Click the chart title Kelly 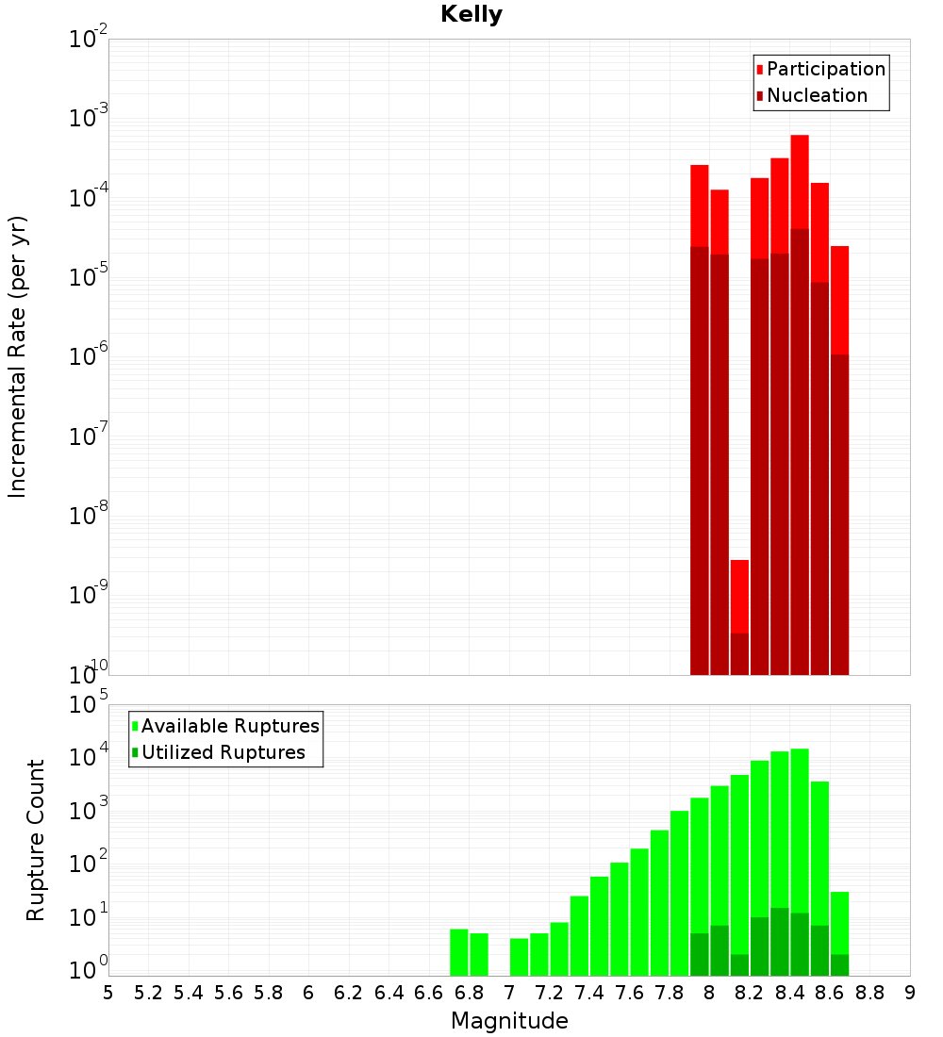pos(471,15)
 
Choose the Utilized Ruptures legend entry pos(223,752)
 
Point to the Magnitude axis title pos(509,1021)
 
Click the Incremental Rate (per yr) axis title pos(18,356)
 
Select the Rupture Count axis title pos(36,840)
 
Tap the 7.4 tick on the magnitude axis pos(589,993)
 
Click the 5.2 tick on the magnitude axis pos(148,993)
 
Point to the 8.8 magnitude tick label pos(869,993)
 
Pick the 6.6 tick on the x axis pos(429,993)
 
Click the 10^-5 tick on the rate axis pos(89,277)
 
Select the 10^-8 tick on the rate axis pos(89,516)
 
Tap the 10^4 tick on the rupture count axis pos(89,758)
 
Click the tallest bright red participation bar pos(800,179)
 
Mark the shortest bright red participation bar pos(739,594)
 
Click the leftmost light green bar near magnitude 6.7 pos(459,952)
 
